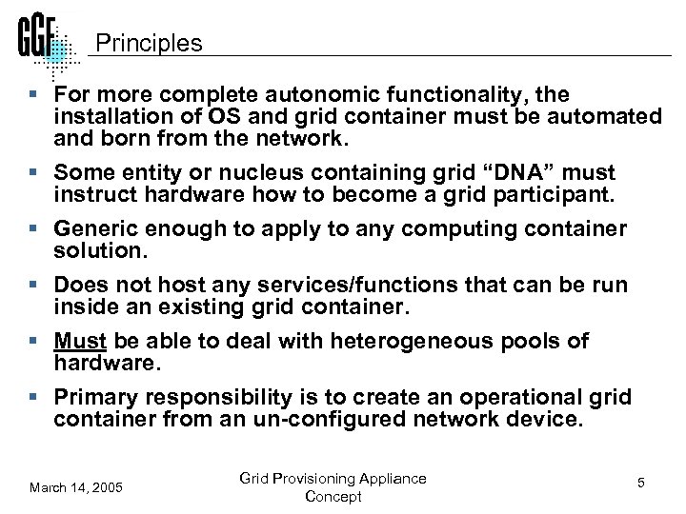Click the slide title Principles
(x=149, y=44)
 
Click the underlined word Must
(x=79, y=341)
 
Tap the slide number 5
(x=641, y=484)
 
